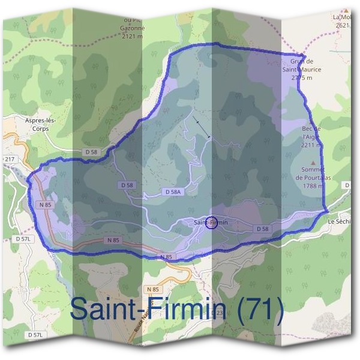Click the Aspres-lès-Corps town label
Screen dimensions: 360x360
(41, 124)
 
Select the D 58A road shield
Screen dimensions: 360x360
(172, 191)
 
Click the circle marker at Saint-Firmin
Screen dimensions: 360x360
(211, 223)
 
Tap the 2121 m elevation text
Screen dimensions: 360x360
(131, 36)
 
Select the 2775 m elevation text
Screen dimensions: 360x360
(302, 78)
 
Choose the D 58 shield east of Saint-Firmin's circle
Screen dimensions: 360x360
(263, 229)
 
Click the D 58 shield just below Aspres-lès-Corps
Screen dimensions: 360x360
(91, 152)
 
